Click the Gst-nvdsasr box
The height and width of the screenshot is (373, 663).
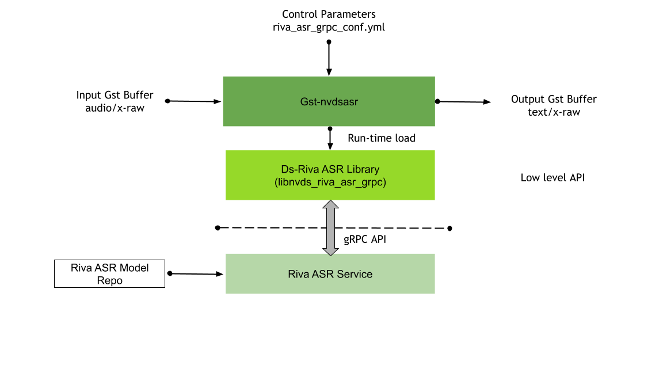click(x=329, y=101)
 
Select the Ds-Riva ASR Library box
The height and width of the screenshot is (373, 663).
click(x=330, y=175)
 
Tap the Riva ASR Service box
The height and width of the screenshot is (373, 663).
click(x=330, y=274)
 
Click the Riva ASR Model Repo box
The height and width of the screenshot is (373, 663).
click(x=109, y=274)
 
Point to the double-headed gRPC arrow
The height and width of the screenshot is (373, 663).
click(x=330, y=228)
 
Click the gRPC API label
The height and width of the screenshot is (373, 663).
click(x=364, y=239)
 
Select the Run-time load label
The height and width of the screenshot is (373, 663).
click(x=381, y=138)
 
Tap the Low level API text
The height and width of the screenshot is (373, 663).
click(x=552, y=177)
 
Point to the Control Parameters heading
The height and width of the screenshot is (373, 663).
click(x=329, y=14)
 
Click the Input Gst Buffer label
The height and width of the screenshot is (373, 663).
click(x=115, y=95)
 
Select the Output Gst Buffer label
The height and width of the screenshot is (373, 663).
click(x=554, y=99)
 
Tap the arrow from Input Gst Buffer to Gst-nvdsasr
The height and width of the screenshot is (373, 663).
click(x=195, y=101)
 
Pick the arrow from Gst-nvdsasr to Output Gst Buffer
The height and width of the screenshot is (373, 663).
click(x=464, y=102)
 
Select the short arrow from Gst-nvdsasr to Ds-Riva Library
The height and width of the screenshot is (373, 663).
click(x=330, y=138)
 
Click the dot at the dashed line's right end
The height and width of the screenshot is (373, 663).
click(x=449, y=229)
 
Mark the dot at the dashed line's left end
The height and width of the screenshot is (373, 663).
click(x=218, y=228)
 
